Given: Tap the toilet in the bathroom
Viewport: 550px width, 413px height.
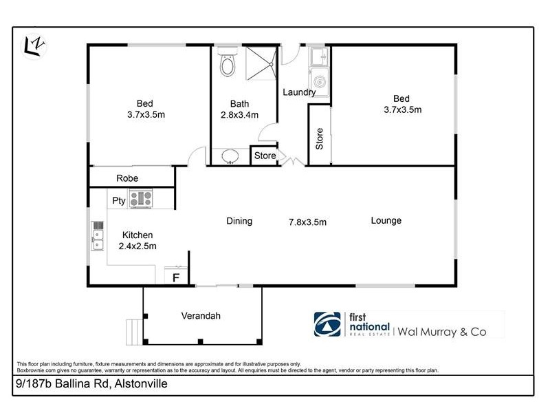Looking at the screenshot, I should [x=226, y=63].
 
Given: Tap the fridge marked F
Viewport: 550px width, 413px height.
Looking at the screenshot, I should [x=176, y=278].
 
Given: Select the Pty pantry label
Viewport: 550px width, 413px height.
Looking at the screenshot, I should [x=118, y=200].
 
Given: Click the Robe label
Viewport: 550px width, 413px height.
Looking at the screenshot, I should [x=127, y=178].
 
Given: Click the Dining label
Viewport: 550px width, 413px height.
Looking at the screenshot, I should [x=239, y=221].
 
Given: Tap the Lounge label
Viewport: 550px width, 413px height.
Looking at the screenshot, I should [x=386, y=220].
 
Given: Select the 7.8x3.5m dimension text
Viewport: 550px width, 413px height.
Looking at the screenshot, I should [x=307, y=222].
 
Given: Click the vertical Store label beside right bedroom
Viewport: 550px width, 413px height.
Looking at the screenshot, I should [x=319, y=140].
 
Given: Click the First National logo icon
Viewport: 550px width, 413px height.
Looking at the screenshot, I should [x=327, y=324].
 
